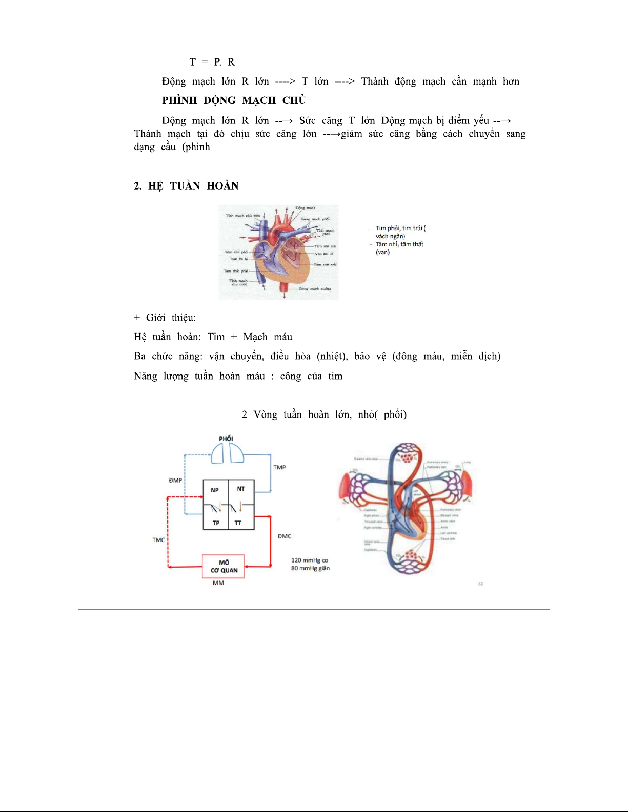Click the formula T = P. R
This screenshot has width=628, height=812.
coord(212,62)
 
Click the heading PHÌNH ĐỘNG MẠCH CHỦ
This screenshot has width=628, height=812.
coord(234,100)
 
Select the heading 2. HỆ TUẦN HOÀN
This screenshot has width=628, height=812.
coord(186,186)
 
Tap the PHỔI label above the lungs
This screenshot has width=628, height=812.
coord(226,439)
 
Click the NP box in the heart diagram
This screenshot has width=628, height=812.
coord(215,490)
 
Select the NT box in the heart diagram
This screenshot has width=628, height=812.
coord(241,489)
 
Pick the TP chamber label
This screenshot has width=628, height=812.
coord(216,523)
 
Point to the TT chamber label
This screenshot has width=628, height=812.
coord(238,523)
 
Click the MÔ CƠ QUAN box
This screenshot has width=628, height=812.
coord(224,566)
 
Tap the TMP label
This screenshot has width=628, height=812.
coord(279,467)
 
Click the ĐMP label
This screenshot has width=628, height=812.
coord(175,481)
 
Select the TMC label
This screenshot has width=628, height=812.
coord(158,540)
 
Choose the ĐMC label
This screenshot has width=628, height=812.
coord(285,536)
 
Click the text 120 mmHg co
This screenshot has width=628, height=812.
coord(309,560)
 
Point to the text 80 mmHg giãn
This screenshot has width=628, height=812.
coord(310,568)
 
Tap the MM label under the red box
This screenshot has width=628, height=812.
coord(218,583)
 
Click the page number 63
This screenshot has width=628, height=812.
coord(480,584)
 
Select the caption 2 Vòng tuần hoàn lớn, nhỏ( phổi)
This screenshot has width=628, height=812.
coord(324,414)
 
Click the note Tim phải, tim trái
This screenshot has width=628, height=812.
coord(399,228)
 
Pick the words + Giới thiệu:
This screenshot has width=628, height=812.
coord(165,318)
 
